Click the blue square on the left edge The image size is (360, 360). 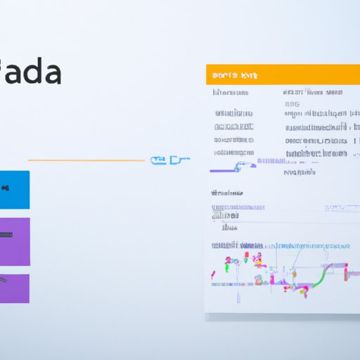(x=14, y=189)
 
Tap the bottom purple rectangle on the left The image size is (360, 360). (x=14, y=288)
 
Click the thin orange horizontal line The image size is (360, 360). (x=84, y=161)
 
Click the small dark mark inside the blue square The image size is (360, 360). (x=4, y=188)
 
